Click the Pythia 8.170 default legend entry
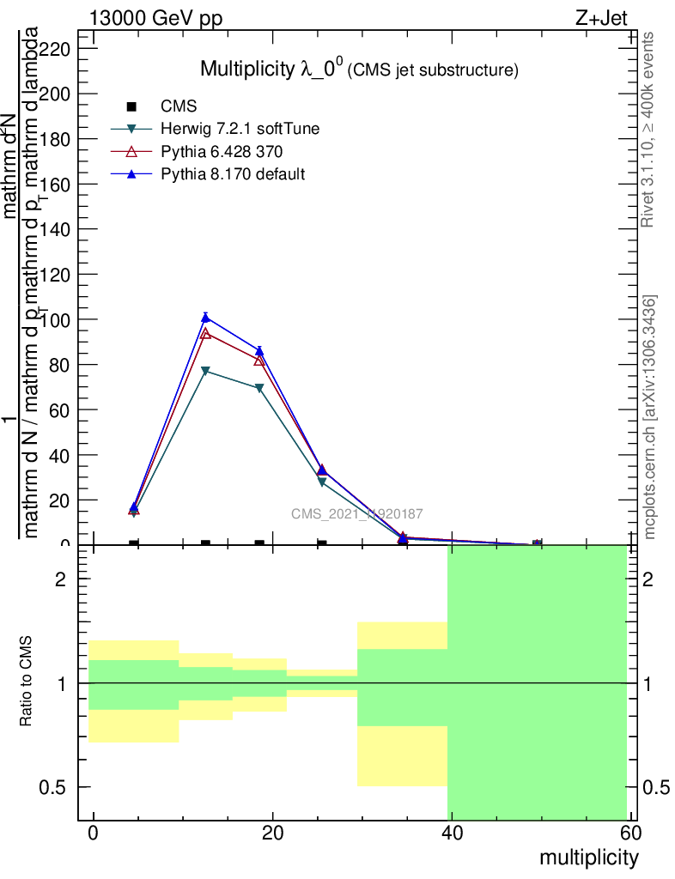[233, 174]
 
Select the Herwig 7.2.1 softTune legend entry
[240, 130]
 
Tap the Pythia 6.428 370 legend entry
[222, 152]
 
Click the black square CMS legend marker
[131, 107]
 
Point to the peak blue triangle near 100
[205, 318]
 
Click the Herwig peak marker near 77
[205, 371]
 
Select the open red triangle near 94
[205, 333]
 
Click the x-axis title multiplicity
[588, 858]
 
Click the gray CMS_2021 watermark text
[356, 514]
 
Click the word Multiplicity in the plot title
[246, 70]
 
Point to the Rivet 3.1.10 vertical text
[649, 129]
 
